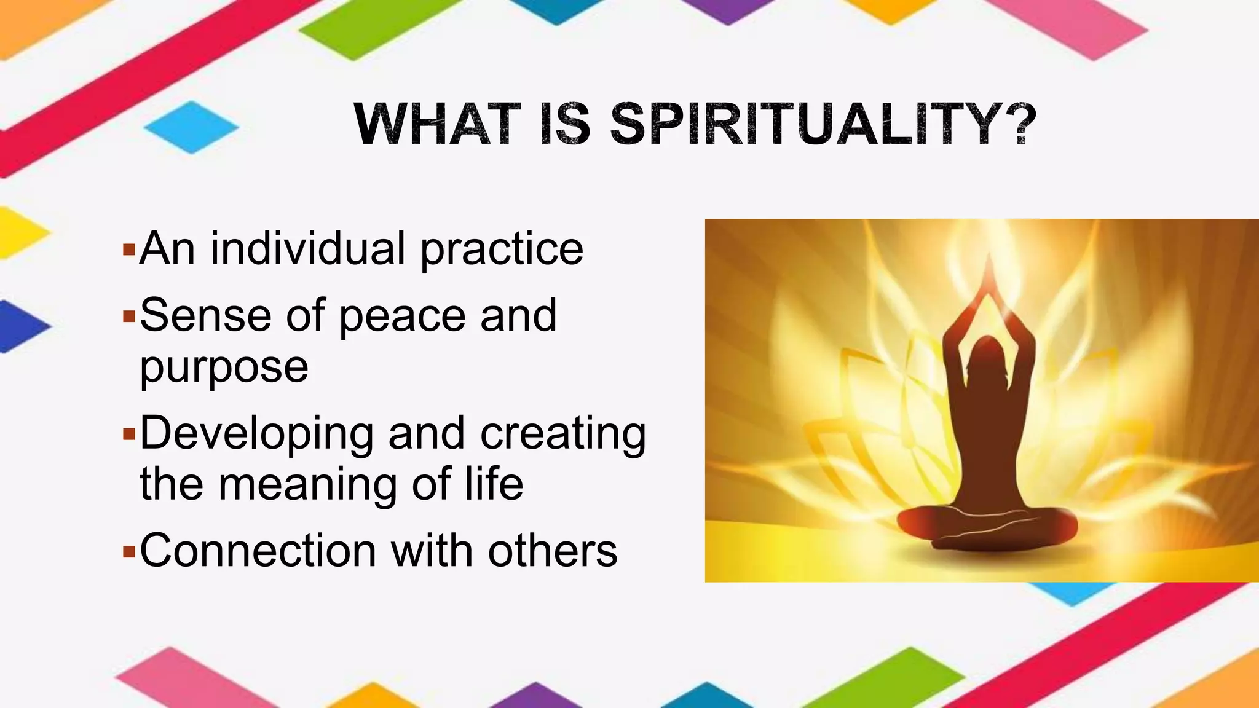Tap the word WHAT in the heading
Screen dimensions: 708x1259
pos(438,124)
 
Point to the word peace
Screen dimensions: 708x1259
pos(402,316)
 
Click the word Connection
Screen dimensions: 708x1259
pos(258,550)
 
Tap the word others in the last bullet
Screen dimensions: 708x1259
pos(552,550)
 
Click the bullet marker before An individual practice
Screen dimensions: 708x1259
pos(128,250)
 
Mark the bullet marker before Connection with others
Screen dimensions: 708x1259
pos(128,551)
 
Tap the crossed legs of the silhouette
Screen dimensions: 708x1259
pos(986,526)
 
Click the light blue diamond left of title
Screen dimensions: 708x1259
pos(191,127)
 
